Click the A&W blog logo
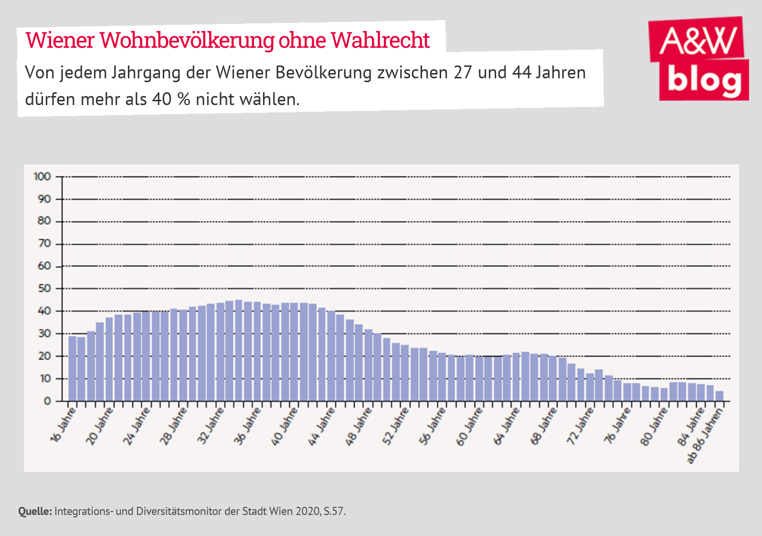698,59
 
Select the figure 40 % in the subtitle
171,99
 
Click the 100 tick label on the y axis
42,177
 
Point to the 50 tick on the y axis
44,289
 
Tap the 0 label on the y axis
47,401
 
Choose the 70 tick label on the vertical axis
44,244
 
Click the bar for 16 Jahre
73,368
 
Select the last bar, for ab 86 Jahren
720,396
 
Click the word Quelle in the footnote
35,511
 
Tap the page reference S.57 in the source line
334,511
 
